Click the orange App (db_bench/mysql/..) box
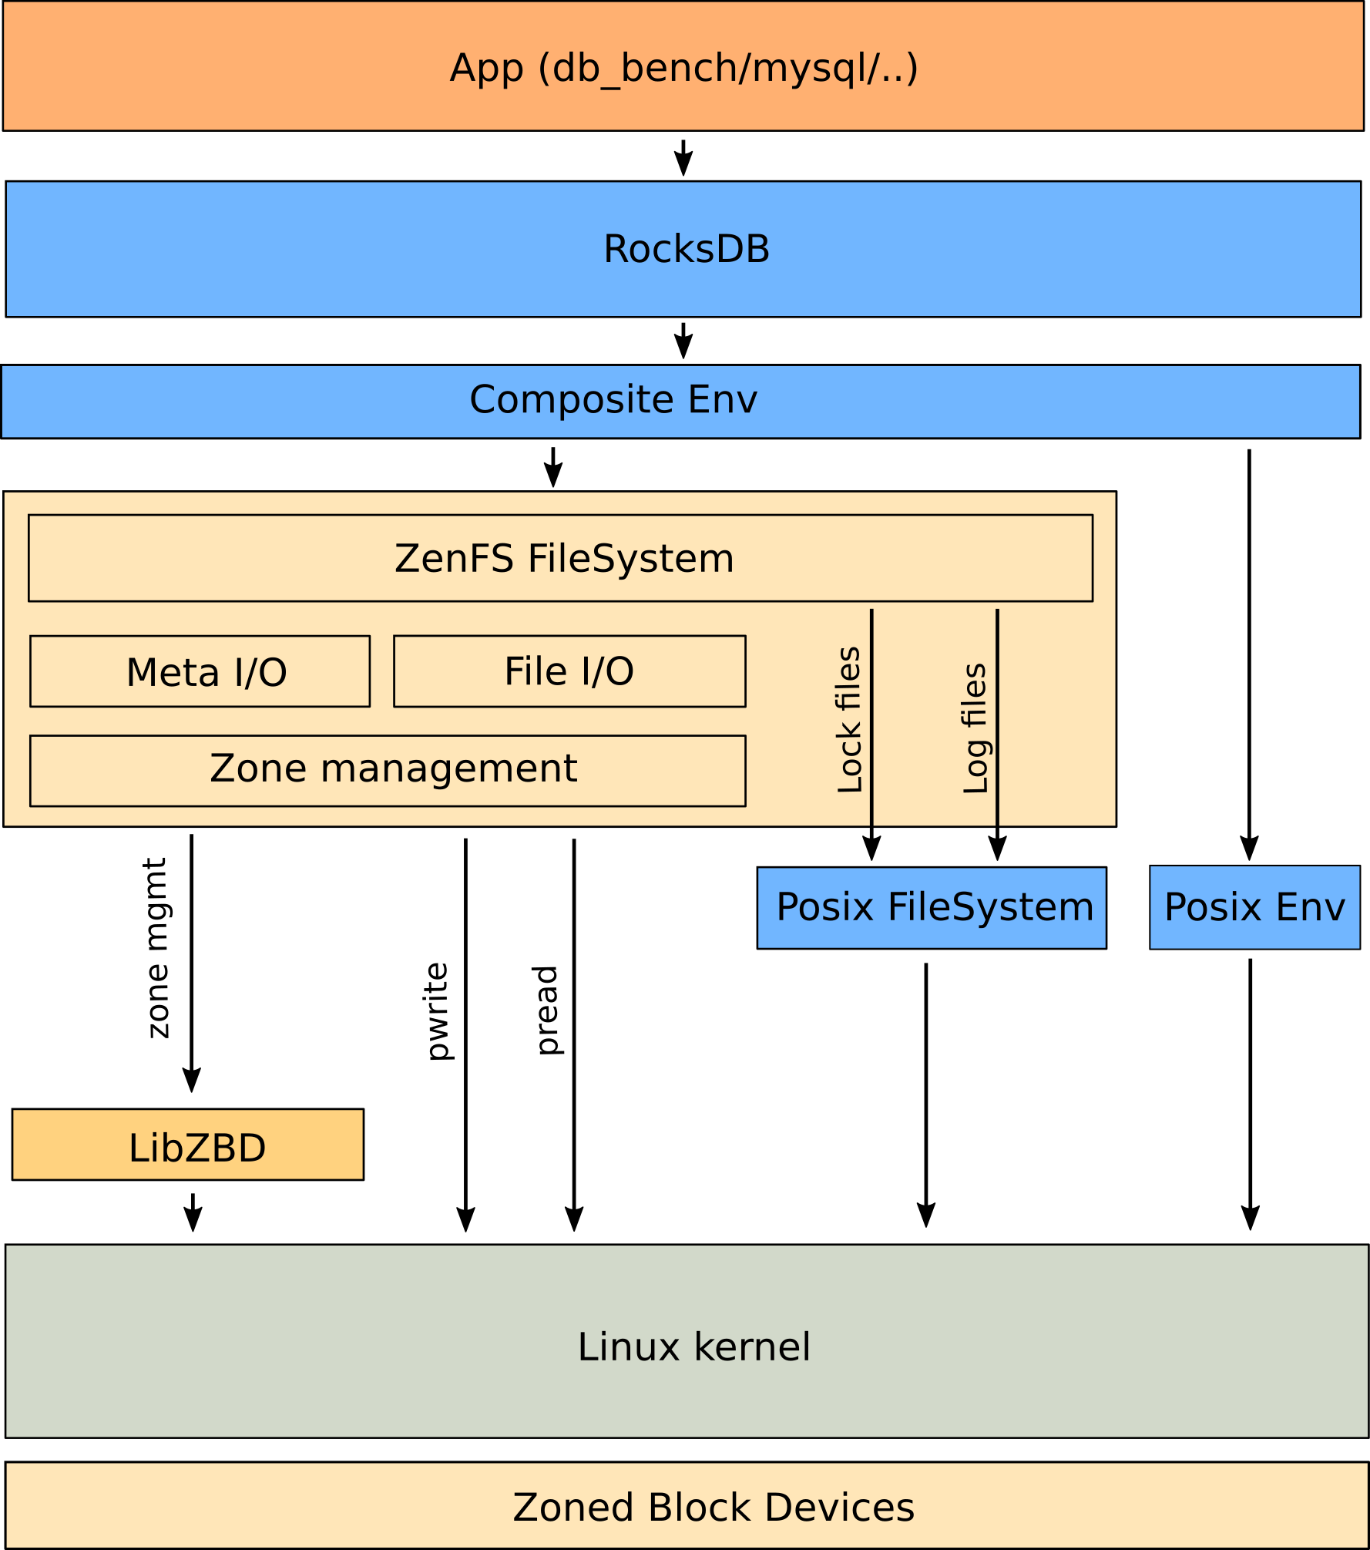(x=683, y=67)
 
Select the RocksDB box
(x=683, y=249)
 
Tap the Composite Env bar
(x=680, y=401)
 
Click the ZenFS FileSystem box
(x=560, y=558)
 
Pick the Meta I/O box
(x=200, y=671)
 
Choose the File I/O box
(x=569, y=671)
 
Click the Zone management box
(x=388, y=771)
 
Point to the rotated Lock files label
(x=849, y=720)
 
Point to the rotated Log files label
(x=975, y=728)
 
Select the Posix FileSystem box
(x=932, y=908)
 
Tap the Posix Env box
(x=1254, y=907)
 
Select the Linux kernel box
(x=686, y=1347)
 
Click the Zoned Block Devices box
(x=686, y=1507)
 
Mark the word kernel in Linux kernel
(x=752, y=1347)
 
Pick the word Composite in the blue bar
(x=573, y=400)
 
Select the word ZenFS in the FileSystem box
(x=454, y=558)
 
